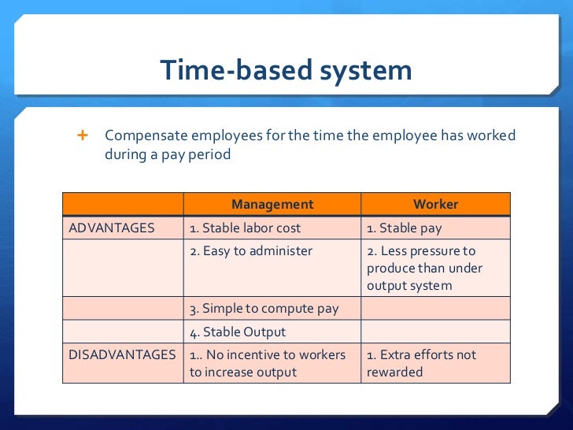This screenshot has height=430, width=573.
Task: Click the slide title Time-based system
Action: click(286, 71)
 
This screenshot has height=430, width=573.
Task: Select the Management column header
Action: click(272, 205)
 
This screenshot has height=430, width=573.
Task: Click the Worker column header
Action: click(435, 205)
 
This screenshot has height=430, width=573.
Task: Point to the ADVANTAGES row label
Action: click(112, 228)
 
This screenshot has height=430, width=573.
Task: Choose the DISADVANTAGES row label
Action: click(122, 355)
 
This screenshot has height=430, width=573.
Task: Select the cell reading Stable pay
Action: click(404, 228)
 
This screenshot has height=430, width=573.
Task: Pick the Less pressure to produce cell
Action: click(425, 268)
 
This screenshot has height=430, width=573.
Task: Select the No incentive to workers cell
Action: click(268, 363)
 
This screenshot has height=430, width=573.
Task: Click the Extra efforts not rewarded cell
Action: click(422, 363)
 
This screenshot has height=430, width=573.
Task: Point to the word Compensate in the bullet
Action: click(144, 135)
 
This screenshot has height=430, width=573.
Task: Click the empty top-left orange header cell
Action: click(123, 205)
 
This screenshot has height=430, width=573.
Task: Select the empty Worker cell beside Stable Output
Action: click(435, 332)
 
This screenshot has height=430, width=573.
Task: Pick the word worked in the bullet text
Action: click(491, 135)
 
